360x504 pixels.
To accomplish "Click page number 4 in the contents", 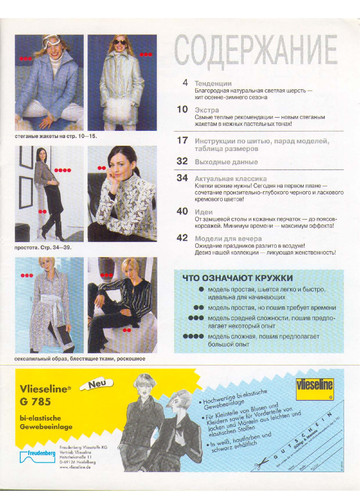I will click(x=184, y=79).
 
